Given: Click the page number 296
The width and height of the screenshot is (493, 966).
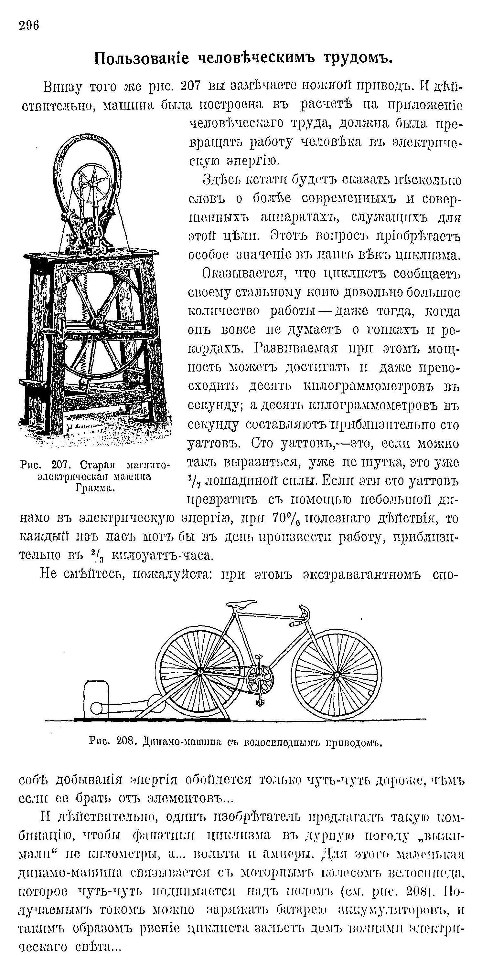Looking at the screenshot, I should coord(28,26).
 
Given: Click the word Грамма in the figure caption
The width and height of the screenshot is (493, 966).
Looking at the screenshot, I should coord(95,488).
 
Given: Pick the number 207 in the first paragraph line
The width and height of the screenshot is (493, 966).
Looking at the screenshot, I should coord(191,86).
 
